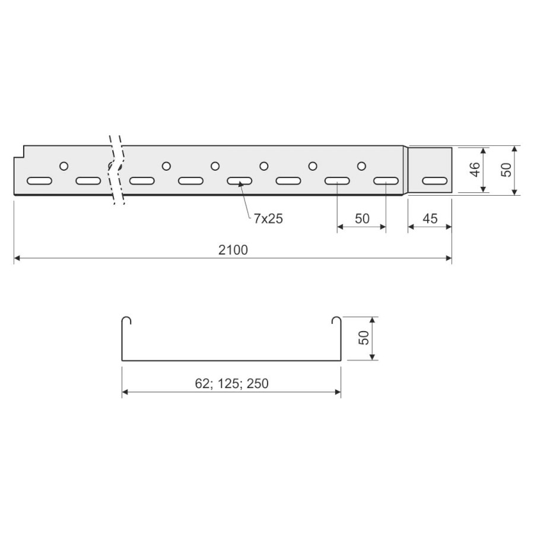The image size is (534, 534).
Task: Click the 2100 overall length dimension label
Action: (233, 250)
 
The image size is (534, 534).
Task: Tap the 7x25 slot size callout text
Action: (268, 218)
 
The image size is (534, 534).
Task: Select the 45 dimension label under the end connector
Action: (430, 218)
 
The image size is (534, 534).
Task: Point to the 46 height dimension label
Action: (475, 169)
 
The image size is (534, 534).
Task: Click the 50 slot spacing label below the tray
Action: (362, 218)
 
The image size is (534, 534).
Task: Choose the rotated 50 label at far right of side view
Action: (506, 169)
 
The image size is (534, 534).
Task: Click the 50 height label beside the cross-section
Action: (364, 338)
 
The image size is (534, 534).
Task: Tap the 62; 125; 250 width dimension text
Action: (231, 384)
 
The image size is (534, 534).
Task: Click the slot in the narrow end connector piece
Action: (434, 181)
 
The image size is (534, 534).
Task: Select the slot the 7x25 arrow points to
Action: (240, 181)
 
